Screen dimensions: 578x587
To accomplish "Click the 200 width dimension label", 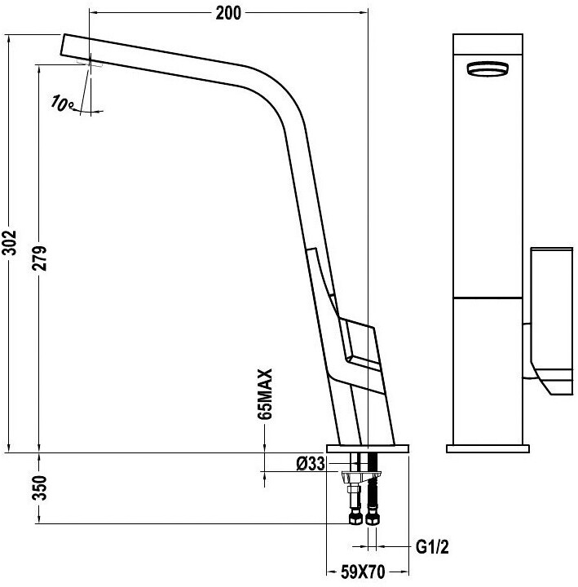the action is [x=229, y=13].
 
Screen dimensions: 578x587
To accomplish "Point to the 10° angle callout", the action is [x=62, y=103].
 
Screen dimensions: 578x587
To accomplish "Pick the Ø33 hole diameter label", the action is [x=311, y=464].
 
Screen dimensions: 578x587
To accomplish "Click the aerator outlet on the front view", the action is [x=487, y=70].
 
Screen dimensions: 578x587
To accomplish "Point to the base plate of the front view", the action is [x=488, y=448].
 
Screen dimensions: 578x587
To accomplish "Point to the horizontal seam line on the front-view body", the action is [x=488, y=298].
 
